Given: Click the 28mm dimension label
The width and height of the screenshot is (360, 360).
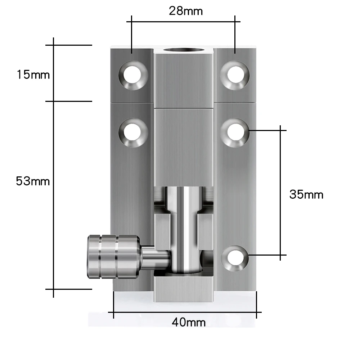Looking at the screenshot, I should [186, 11].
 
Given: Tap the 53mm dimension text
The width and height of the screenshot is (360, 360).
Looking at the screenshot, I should [33, 181].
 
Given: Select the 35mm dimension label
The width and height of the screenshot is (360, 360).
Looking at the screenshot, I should [306, 195].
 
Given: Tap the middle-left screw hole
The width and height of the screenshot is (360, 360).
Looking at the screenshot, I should [133, 132].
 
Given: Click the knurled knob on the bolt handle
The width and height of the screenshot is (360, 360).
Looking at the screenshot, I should [112, 256].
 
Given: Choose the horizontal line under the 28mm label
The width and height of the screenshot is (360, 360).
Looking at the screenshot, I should [184, 22].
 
